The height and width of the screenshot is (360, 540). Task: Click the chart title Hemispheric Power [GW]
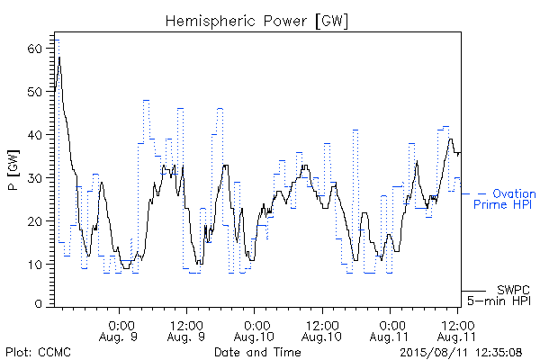(256, 22)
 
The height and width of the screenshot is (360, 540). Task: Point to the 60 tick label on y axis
(34, 49)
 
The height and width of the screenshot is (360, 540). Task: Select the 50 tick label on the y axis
(34, 92)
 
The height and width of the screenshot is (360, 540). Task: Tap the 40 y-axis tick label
(34, 135)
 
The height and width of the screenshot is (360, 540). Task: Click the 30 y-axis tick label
(34, 178)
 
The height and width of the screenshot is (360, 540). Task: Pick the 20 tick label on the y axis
(34, 221)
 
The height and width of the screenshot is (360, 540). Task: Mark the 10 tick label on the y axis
(34, 265)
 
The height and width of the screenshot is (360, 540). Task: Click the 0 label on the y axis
(39, 304)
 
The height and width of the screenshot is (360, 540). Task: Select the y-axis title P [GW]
(13, 170)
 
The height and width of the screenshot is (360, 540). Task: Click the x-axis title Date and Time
(257, 352)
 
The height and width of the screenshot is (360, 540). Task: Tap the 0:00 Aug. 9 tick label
(119, 331)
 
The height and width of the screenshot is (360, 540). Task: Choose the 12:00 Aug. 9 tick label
(186, 331)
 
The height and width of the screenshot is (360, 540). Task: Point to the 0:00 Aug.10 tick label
(254, 331)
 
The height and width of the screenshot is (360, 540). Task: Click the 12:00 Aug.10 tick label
(322, 331)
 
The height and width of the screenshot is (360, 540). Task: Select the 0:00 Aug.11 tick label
(390, 331)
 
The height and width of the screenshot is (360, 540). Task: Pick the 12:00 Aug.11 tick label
(457, 331)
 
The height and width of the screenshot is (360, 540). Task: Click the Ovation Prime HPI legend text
(505, 199)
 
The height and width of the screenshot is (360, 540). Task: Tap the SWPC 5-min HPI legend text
(499, 295)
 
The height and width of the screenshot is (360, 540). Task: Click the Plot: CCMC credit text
(38, 352)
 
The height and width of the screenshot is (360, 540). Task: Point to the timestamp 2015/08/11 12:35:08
(461, 352)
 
